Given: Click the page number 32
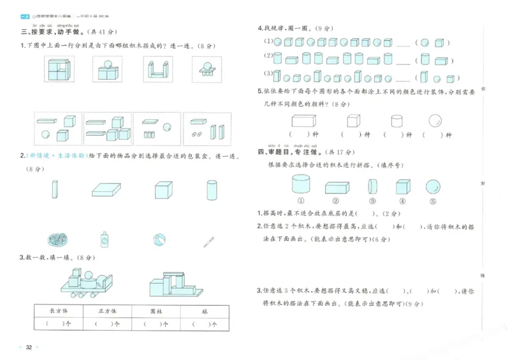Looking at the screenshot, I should [x=29, y=347].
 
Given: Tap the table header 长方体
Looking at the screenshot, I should [x=58, y=310].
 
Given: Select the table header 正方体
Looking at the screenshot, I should [x=106, y=310].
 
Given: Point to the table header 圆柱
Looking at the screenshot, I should [x=156, y=310].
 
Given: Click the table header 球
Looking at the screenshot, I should [x=203, y=310].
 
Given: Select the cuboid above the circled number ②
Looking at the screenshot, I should [x=337, y=187].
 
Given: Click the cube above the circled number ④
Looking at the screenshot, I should [x=402, y=187].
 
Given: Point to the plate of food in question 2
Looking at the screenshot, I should [x=59, y=240].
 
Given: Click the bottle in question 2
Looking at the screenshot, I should [x=105, y=240].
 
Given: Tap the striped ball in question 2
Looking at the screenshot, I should [x=159, y=240].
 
